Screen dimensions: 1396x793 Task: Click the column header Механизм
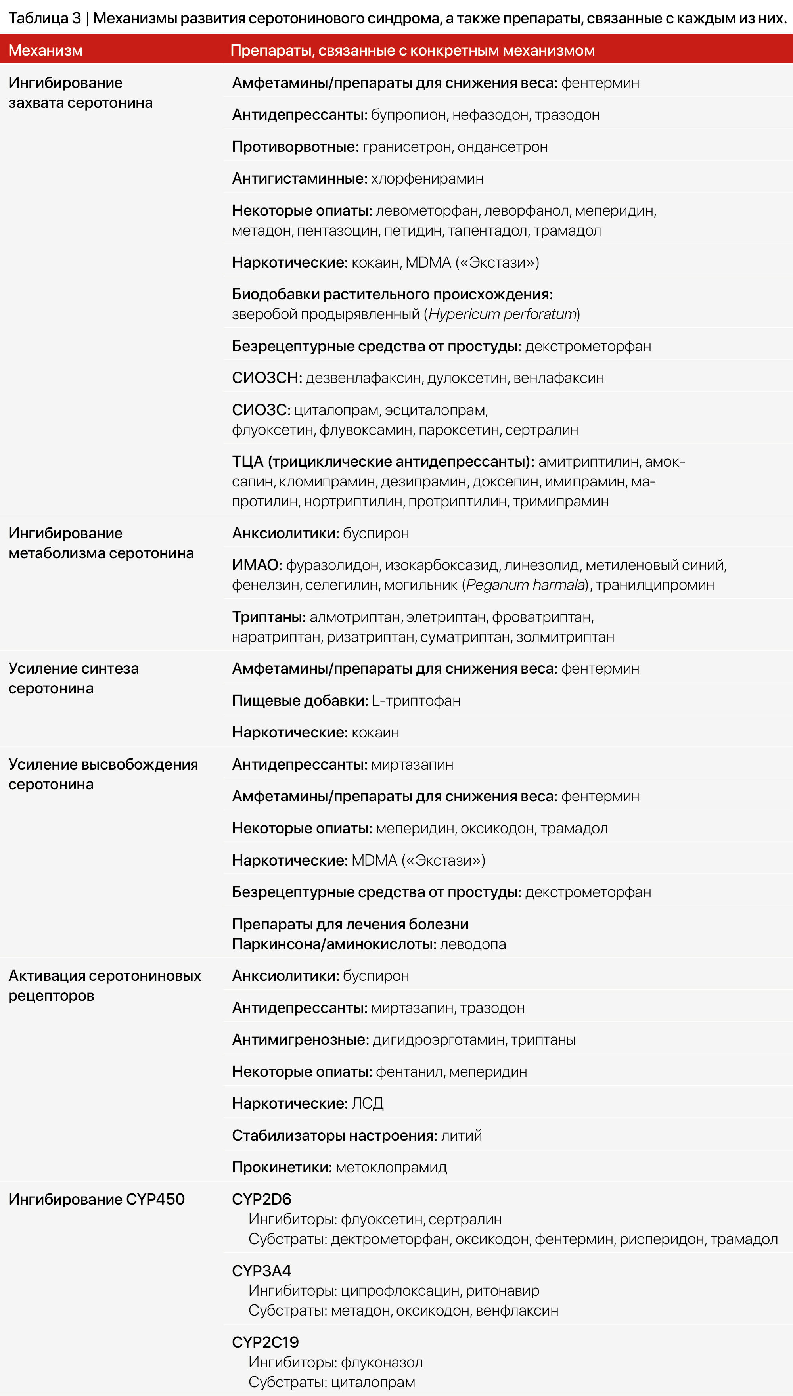coord(46,50)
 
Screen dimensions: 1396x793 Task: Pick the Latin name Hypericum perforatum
coord(502,314)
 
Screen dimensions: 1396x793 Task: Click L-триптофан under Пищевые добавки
coord(416,701)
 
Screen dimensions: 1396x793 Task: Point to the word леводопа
coord(473,944)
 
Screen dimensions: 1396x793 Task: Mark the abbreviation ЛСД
coord(368,1103)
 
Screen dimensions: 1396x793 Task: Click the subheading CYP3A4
coord(261,1271)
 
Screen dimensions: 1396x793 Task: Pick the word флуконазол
coord(381,1362)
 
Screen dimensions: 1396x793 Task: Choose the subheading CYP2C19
coord(265,1342)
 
